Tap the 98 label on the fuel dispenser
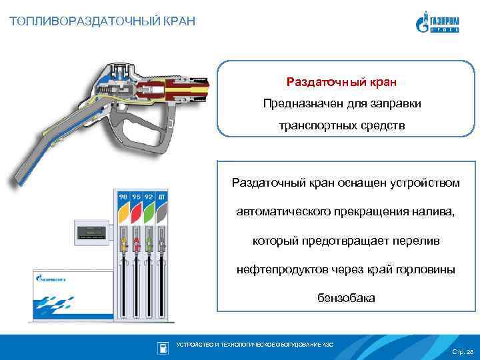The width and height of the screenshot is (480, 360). coord(123,198)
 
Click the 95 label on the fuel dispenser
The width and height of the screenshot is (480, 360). coord(137,198)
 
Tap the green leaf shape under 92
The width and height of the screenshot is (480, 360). coord(149,213)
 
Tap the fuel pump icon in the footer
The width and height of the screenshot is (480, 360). coord(162,347)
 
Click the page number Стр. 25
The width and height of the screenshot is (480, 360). coord(461,351)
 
